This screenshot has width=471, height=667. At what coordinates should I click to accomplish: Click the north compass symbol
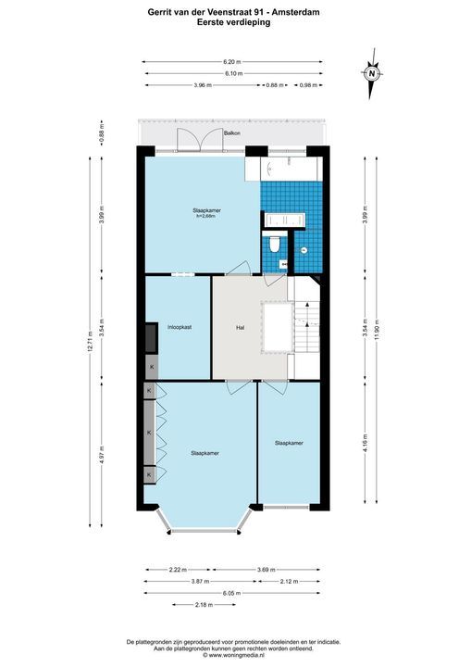pos(372,73)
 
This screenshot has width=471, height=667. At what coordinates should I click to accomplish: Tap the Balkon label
pos(232,133)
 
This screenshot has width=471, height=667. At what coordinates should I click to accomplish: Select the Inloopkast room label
pos(180,327)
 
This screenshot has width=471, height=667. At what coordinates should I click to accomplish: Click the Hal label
pos(241,328)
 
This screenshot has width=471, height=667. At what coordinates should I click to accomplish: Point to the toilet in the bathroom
pos(275,244)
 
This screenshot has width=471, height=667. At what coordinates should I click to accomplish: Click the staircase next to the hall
pos(307,326)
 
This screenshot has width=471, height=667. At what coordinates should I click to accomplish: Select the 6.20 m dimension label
pos(232,62)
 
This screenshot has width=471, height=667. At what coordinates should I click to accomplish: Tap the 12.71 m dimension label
pos(90,342)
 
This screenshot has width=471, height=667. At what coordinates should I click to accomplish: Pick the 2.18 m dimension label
pos(205,604)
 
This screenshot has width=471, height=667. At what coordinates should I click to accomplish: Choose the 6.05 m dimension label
pos(232,593)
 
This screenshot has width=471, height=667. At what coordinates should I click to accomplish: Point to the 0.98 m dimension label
pos(309,85)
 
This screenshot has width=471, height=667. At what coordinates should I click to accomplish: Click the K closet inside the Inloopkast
pos(152,367)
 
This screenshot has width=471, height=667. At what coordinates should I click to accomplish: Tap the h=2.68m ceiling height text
pos(206,216)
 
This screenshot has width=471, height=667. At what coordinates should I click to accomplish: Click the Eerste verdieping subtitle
pos(233,22)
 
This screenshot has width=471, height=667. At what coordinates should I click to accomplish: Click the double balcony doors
pos(200,140)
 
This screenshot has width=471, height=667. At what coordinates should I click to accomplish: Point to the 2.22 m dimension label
pos(178,570)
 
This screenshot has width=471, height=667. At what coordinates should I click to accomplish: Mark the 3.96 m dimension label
pos(203,85)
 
